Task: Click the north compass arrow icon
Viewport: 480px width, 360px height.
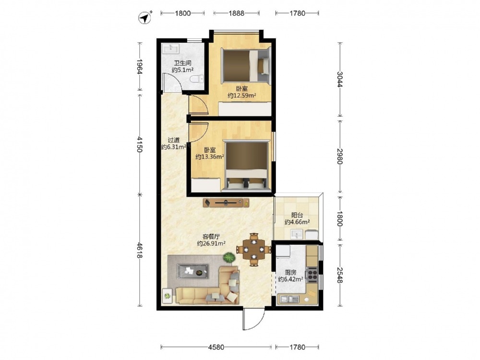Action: [x=144, y=18]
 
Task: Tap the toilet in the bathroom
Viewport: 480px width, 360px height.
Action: [x=196, y=79]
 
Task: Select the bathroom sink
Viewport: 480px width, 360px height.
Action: [x=171, y=48]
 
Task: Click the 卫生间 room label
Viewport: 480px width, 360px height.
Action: [x=183, y=63]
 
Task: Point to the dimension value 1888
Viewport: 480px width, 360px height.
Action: [x=236, y=13]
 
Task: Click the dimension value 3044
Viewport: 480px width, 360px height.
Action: [x=339, y=79]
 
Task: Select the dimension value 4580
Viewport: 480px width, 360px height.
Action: [x=216, y=347]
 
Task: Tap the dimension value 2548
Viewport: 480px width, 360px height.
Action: [x=339, y=275]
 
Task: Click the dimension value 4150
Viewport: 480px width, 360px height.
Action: [x=140, y=144]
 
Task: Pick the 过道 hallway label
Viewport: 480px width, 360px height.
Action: [x=174, y=140]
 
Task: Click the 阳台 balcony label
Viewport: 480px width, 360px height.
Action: [x=297, y=215]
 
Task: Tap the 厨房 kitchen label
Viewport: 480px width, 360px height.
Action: [x=290, y=272]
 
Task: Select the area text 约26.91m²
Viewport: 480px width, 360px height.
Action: [x=211, y=243]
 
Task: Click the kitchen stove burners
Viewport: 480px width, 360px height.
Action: [x=312, y=275]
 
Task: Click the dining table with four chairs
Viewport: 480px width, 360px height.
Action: [x=254, y=250]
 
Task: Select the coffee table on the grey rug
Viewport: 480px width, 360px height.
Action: [x=193, y=271]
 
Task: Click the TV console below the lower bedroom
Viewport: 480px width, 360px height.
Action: [x=226, y=203]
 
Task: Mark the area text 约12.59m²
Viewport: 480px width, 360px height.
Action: [x=242, y=96]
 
